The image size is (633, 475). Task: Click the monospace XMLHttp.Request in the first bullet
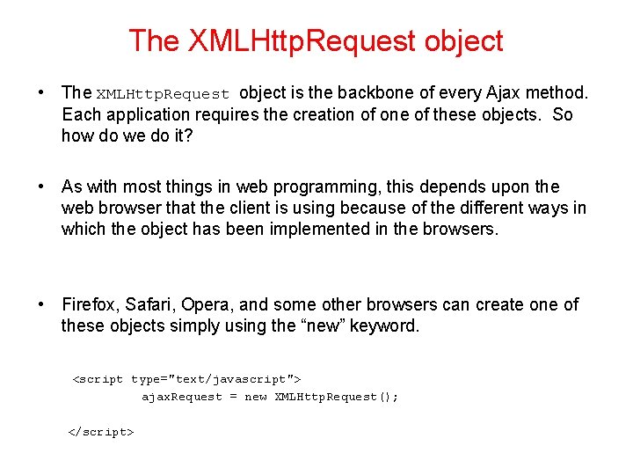point(163,94)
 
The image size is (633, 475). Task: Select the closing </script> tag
point(101,432)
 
